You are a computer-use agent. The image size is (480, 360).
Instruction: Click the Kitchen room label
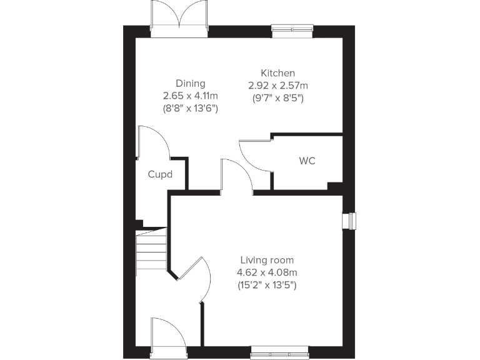click(x=278, y=73)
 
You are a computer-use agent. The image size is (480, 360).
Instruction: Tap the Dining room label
click(x=190, y=83)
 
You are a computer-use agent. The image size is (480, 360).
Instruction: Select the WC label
click(x=307, y=161)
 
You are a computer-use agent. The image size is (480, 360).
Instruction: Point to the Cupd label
click(x=160, y=174)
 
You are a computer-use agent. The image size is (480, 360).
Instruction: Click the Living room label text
click(x=267, y=260)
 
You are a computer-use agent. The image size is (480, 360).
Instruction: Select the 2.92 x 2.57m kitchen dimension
click(x=278, y=86)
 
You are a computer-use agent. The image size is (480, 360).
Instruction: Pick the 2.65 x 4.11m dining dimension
click(x=190, y=96)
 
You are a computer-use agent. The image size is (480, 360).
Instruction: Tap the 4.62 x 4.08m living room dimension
click(x=267, y=272)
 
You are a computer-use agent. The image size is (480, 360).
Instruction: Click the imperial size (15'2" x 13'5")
click(x=267, y=285)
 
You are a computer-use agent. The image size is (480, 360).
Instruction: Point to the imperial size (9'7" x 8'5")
click(x=278, y=98)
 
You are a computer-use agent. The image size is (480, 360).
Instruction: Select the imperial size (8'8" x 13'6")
click(x=190, y=108)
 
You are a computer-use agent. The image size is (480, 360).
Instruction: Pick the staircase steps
click(x=151, y=249)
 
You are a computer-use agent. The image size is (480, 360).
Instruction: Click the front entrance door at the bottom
click(x=167, y=334)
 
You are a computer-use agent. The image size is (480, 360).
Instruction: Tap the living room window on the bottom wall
click(x=279, y=353)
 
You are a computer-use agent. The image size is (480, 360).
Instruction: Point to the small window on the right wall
click(x=349, y=221)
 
